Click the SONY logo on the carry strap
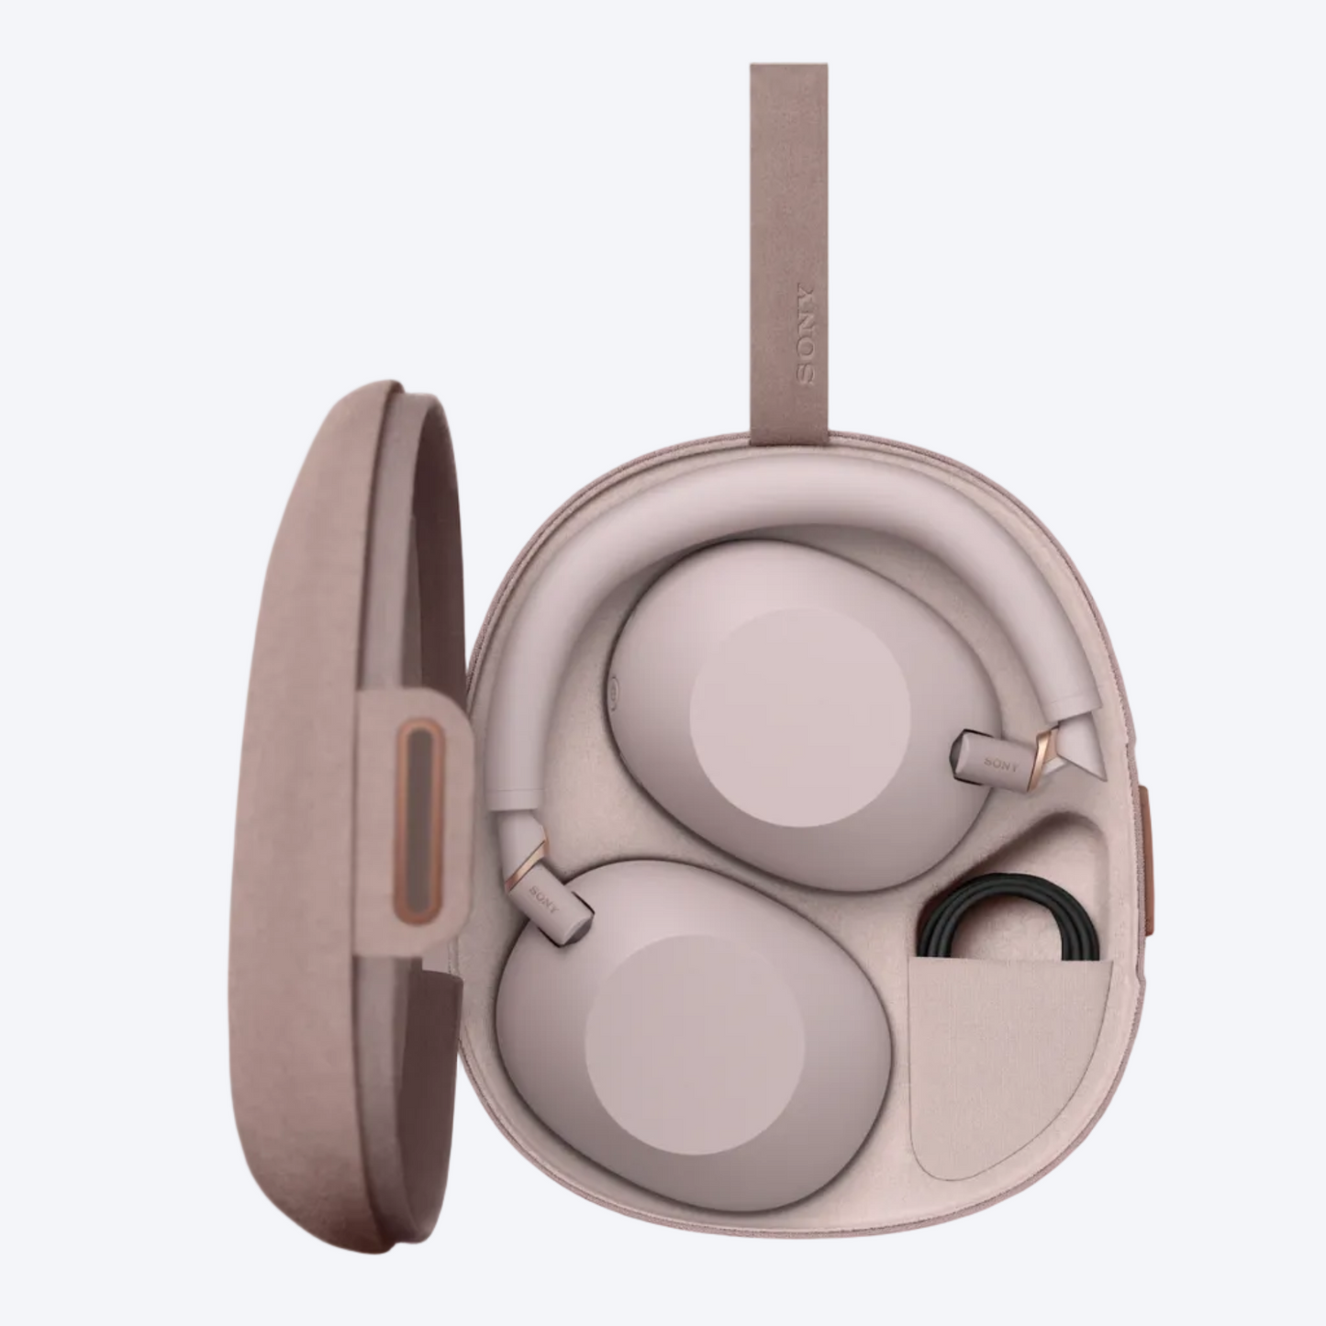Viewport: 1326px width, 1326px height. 805,336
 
